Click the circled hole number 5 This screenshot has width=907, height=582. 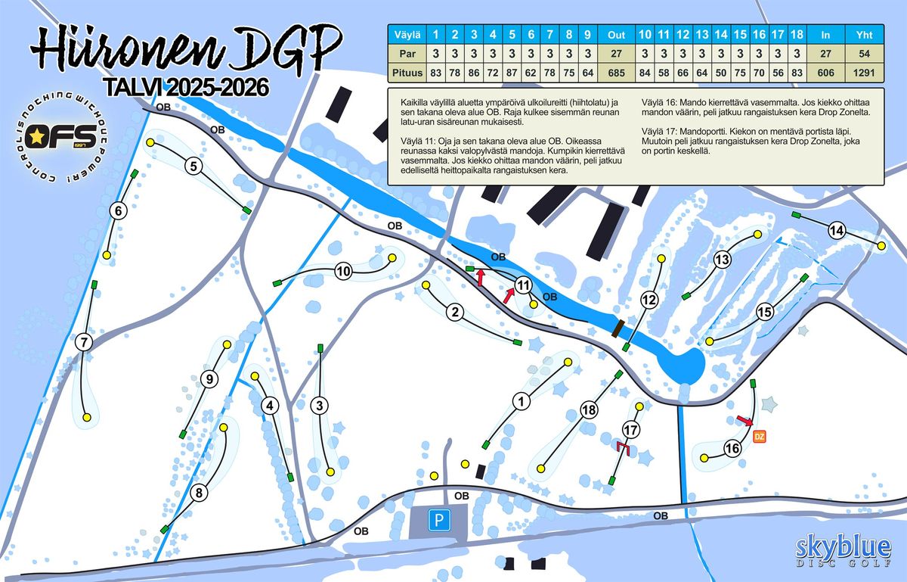(194, 167)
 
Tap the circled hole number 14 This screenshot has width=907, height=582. (836, 231)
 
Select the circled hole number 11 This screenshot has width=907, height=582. (524, 285)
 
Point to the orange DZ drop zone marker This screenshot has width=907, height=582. (760, 436)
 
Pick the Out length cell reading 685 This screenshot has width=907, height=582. (616, 73)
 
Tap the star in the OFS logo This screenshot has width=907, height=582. (36, 137)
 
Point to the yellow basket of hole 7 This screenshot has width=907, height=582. (87, 417)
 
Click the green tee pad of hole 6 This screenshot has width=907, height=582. (135, 174)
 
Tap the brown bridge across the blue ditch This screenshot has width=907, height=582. (618, 328)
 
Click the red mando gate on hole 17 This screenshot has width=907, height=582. (624, 449)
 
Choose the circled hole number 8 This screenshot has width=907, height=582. (199, 493)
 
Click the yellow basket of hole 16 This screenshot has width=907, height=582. (704, 458)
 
